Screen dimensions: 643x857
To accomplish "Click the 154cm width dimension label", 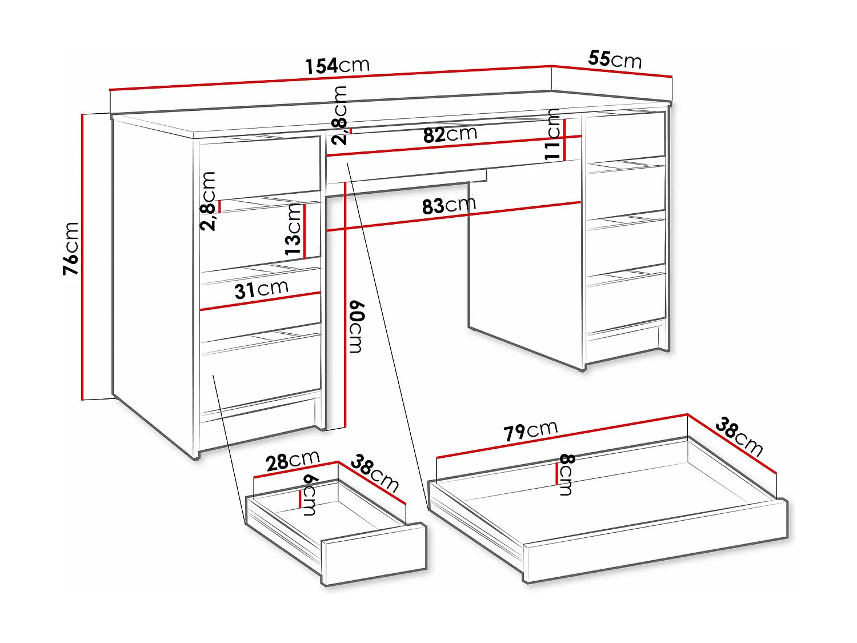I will (x=337, y=66).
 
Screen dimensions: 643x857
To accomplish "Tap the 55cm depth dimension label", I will (x=615, y=59).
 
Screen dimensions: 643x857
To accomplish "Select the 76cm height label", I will (x=71, y=249).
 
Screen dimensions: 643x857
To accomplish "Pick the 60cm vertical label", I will (x=355, y=327).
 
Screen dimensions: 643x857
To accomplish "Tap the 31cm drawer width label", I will (x=261, y=290).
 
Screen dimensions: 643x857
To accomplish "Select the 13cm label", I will (x=293, y=229).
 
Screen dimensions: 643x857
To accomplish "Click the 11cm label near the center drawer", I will (x=552, y=135).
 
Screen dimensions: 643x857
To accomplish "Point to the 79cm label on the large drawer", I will (x=530, y=431).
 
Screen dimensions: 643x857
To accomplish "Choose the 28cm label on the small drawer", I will (x=293, y=461).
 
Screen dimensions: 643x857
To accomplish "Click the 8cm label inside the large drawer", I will (x=566, y=474).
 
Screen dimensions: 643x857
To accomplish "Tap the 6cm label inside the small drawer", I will (x=310, y=495).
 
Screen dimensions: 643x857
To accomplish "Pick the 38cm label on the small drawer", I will (x=374, y=473).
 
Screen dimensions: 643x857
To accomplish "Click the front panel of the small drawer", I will (x=374, y=554).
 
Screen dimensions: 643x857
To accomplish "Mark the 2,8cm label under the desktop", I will (x=340, y=115).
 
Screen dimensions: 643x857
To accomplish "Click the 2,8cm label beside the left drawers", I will (x=209, y=201).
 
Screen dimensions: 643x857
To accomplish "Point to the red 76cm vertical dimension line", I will (x=82, y=257).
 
